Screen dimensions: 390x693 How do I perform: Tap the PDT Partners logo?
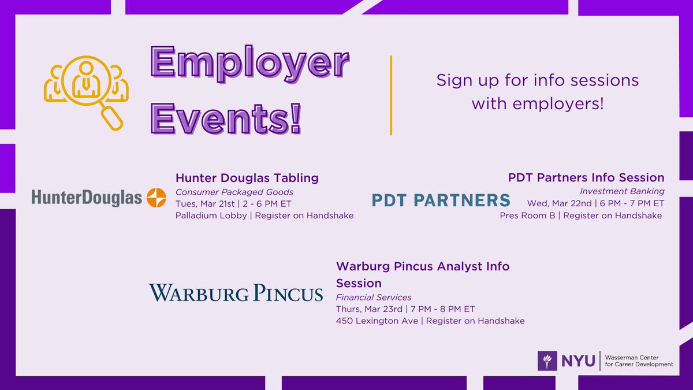(441, 200)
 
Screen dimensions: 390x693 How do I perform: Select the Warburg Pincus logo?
(236, 292)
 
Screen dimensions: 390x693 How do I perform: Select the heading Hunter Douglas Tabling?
(247, 177)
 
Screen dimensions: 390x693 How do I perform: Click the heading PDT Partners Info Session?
(586, 177)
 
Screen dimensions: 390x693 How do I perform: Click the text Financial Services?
(374, 297)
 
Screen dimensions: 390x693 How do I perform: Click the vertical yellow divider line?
(392, 95)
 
